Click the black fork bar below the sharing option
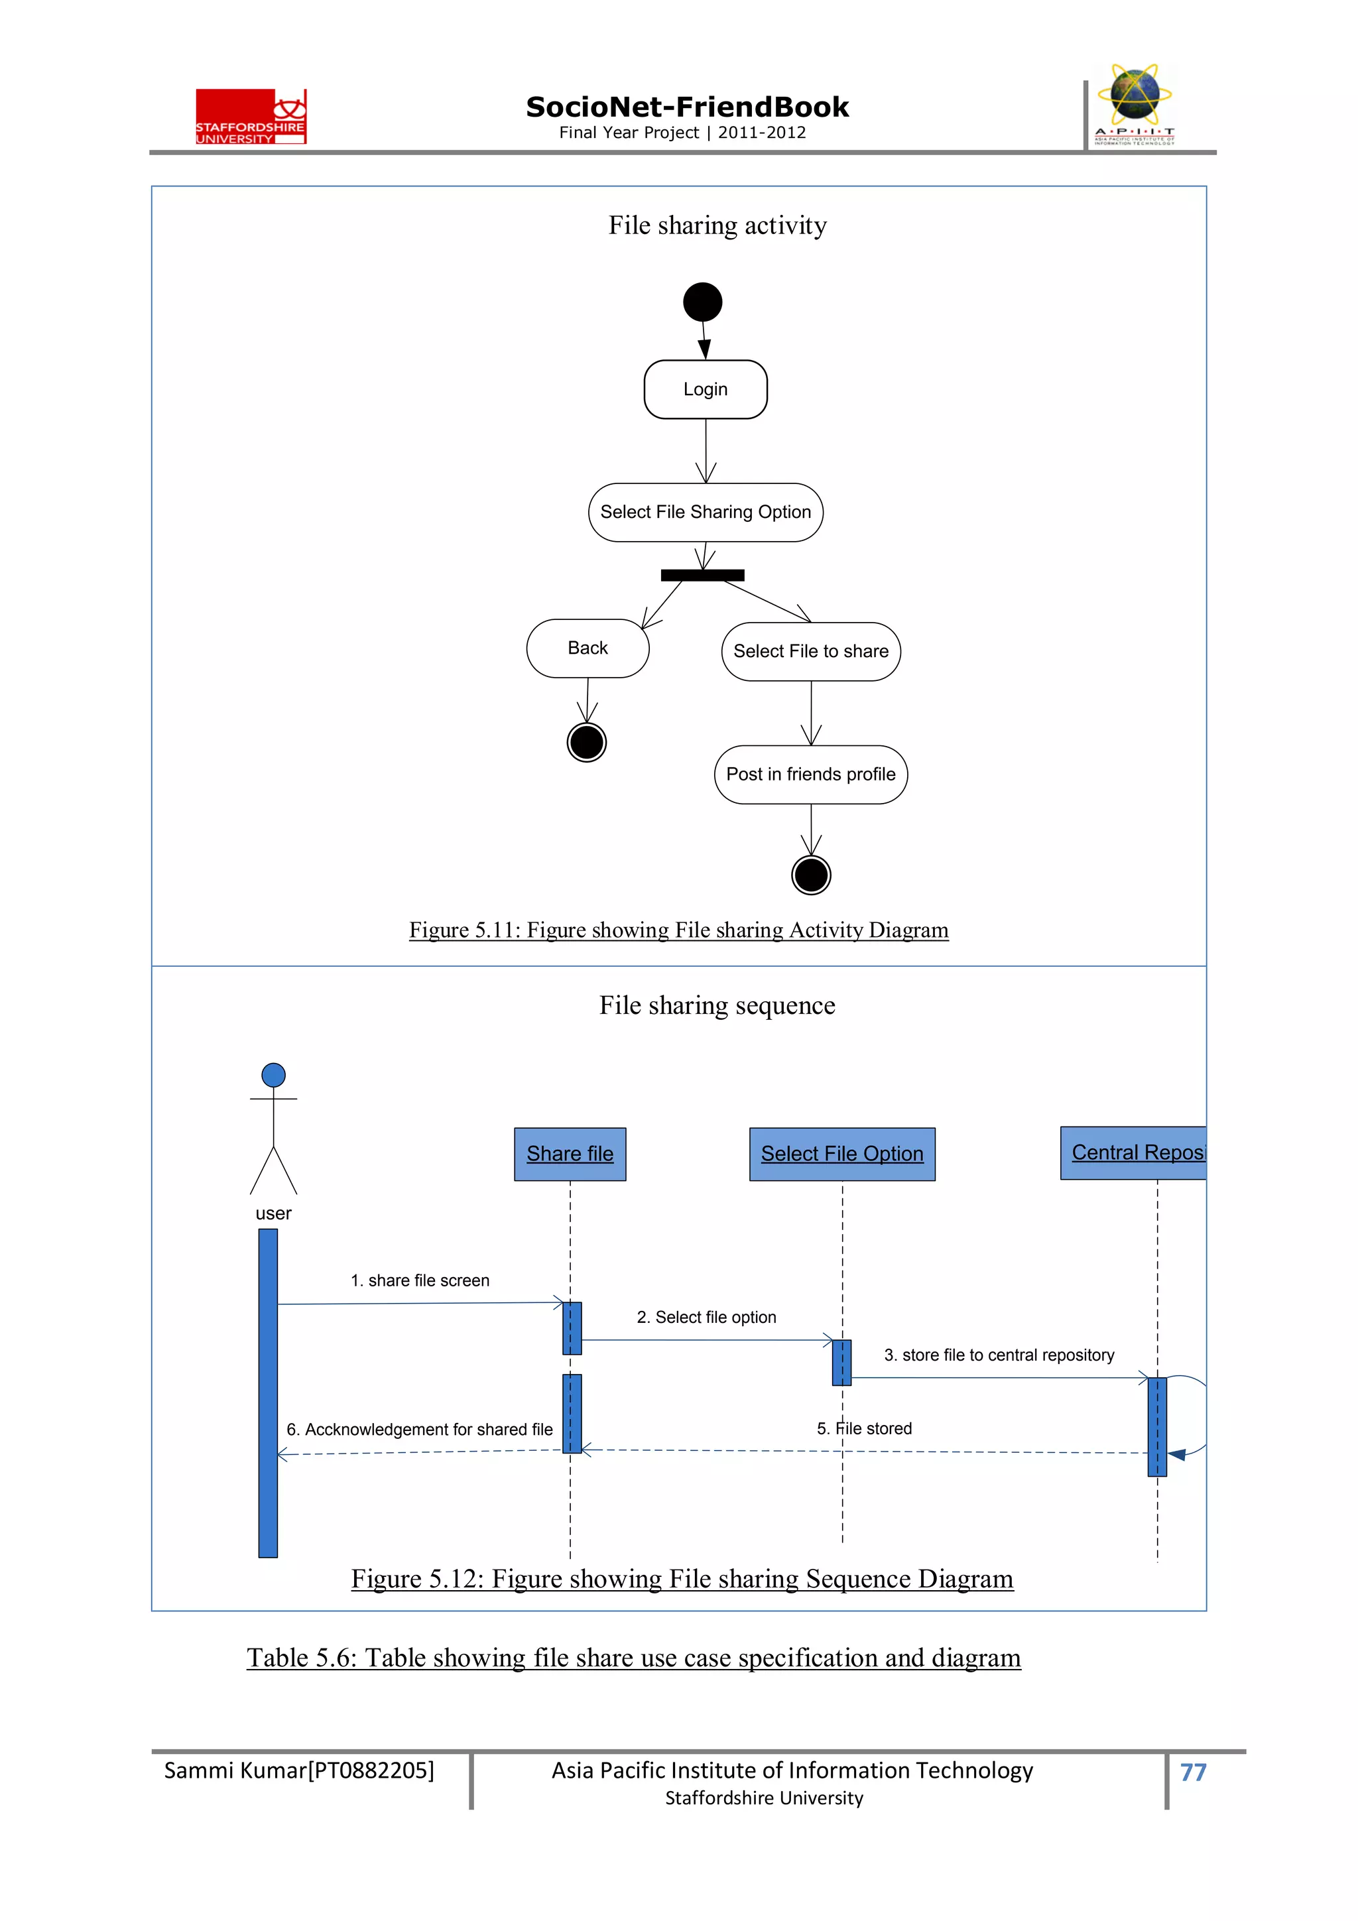702,575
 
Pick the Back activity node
587,648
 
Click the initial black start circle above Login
702,302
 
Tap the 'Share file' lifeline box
570,1154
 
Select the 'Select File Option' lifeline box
841,1154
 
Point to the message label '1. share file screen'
419,1280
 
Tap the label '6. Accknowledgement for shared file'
419,1429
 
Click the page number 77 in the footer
1192,1771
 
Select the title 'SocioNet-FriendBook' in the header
686,107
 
